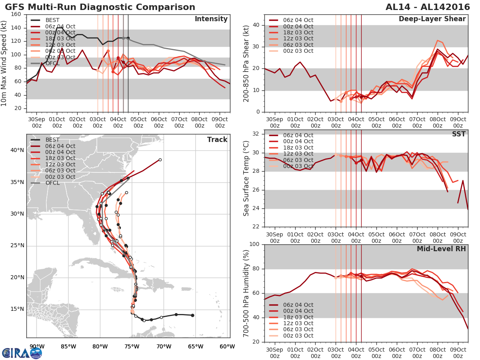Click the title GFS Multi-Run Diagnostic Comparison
click(x=100, y=7)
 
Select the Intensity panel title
click(x=211, y=19)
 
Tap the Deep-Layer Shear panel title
click(x=432, y=19)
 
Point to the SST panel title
click(x=458, y=134)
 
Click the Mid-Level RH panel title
click(x=441, y=249)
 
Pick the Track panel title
click(x=217, y=140)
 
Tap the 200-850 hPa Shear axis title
click(x=246, y=63)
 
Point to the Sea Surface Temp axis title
click(x=246, y=178)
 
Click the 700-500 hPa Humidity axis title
click(x=246, y=293)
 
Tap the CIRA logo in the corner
click(x=22, y=353)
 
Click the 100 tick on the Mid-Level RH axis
click(x=255, y=244)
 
